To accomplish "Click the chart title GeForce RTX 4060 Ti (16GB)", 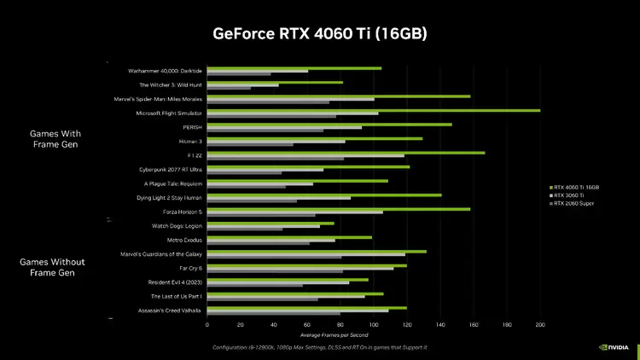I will [x=319, y=34].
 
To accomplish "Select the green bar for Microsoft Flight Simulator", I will [x=373, y=110].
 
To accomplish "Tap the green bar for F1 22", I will [x=346, y=153].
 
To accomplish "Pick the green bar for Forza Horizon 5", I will [x=338, y=208].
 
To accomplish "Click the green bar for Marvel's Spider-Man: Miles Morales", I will [x=338, y=96].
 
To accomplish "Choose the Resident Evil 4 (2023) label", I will [x=174, y=282].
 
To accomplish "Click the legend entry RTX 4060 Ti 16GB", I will [x=576, y=187].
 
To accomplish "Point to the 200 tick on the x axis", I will [x=539, y=324].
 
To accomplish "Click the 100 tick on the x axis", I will [x=374, y=324].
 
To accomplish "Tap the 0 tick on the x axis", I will [x=207, y=324].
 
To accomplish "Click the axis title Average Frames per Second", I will [x=373, y=334].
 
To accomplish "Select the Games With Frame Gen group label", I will [x=55, y=139].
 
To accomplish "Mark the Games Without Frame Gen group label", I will [x=53, y=267].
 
